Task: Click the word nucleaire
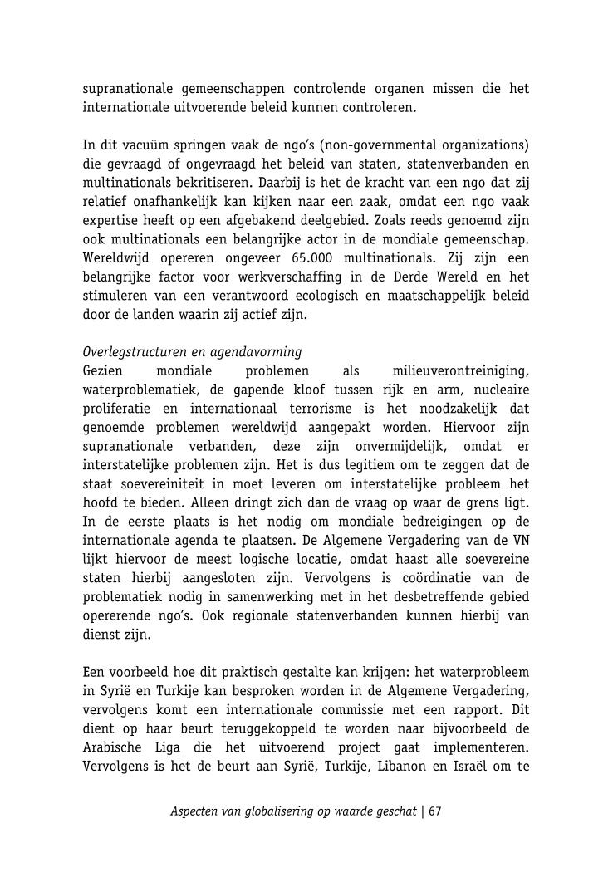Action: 500,389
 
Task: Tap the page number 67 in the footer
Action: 434,811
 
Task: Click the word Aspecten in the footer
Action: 194,811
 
